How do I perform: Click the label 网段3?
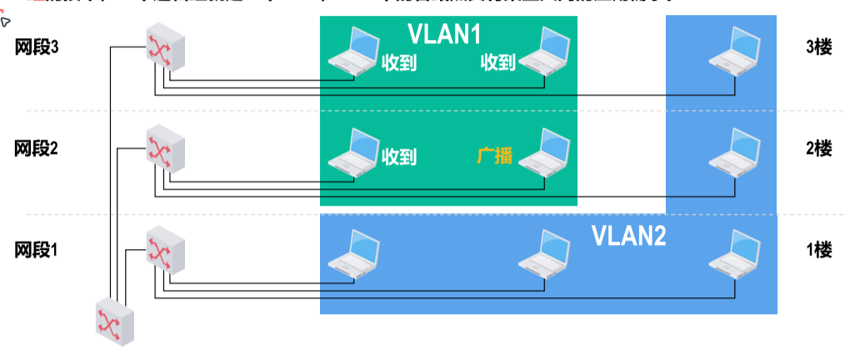click(x=37, y=47)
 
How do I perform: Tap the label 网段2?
click(x=37, y=148)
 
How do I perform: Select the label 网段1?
click(x=37, y=249)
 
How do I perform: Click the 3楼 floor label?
click(x=819, y=47)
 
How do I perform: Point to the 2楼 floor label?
click(x=819, y=148)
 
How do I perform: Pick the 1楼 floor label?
click(x=819, y=249)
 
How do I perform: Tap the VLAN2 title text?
click(x=629, y=236)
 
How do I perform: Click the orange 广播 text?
click(x=494, y=156)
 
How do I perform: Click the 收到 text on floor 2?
click(x=399, y=156)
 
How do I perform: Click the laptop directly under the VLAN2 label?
click(x=547, y=251)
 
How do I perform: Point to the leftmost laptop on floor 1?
click(x=354, y=251)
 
